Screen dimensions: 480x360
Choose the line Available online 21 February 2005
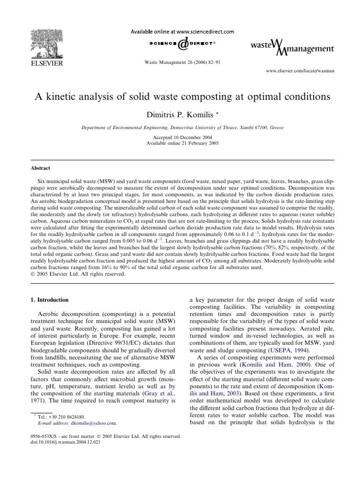pyautogui.click(x=180, y=143)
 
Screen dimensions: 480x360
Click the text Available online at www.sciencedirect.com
pyautogui.click(x=180, y=32)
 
